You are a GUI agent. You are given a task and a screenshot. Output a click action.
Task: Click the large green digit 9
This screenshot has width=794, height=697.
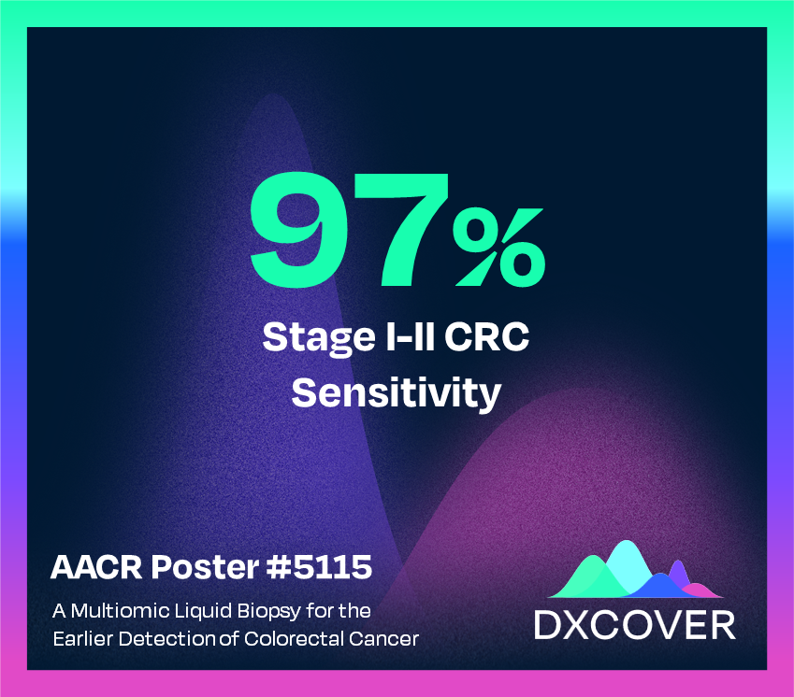click(302, 230)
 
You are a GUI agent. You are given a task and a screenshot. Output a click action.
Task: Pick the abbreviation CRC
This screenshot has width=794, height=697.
click(487, 336)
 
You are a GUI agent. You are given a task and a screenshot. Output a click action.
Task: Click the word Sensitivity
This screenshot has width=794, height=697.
click(396, 392)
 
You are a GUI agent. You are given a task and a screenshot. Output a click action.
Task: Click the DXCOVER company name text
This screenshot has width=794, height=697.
click(634, 625)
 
